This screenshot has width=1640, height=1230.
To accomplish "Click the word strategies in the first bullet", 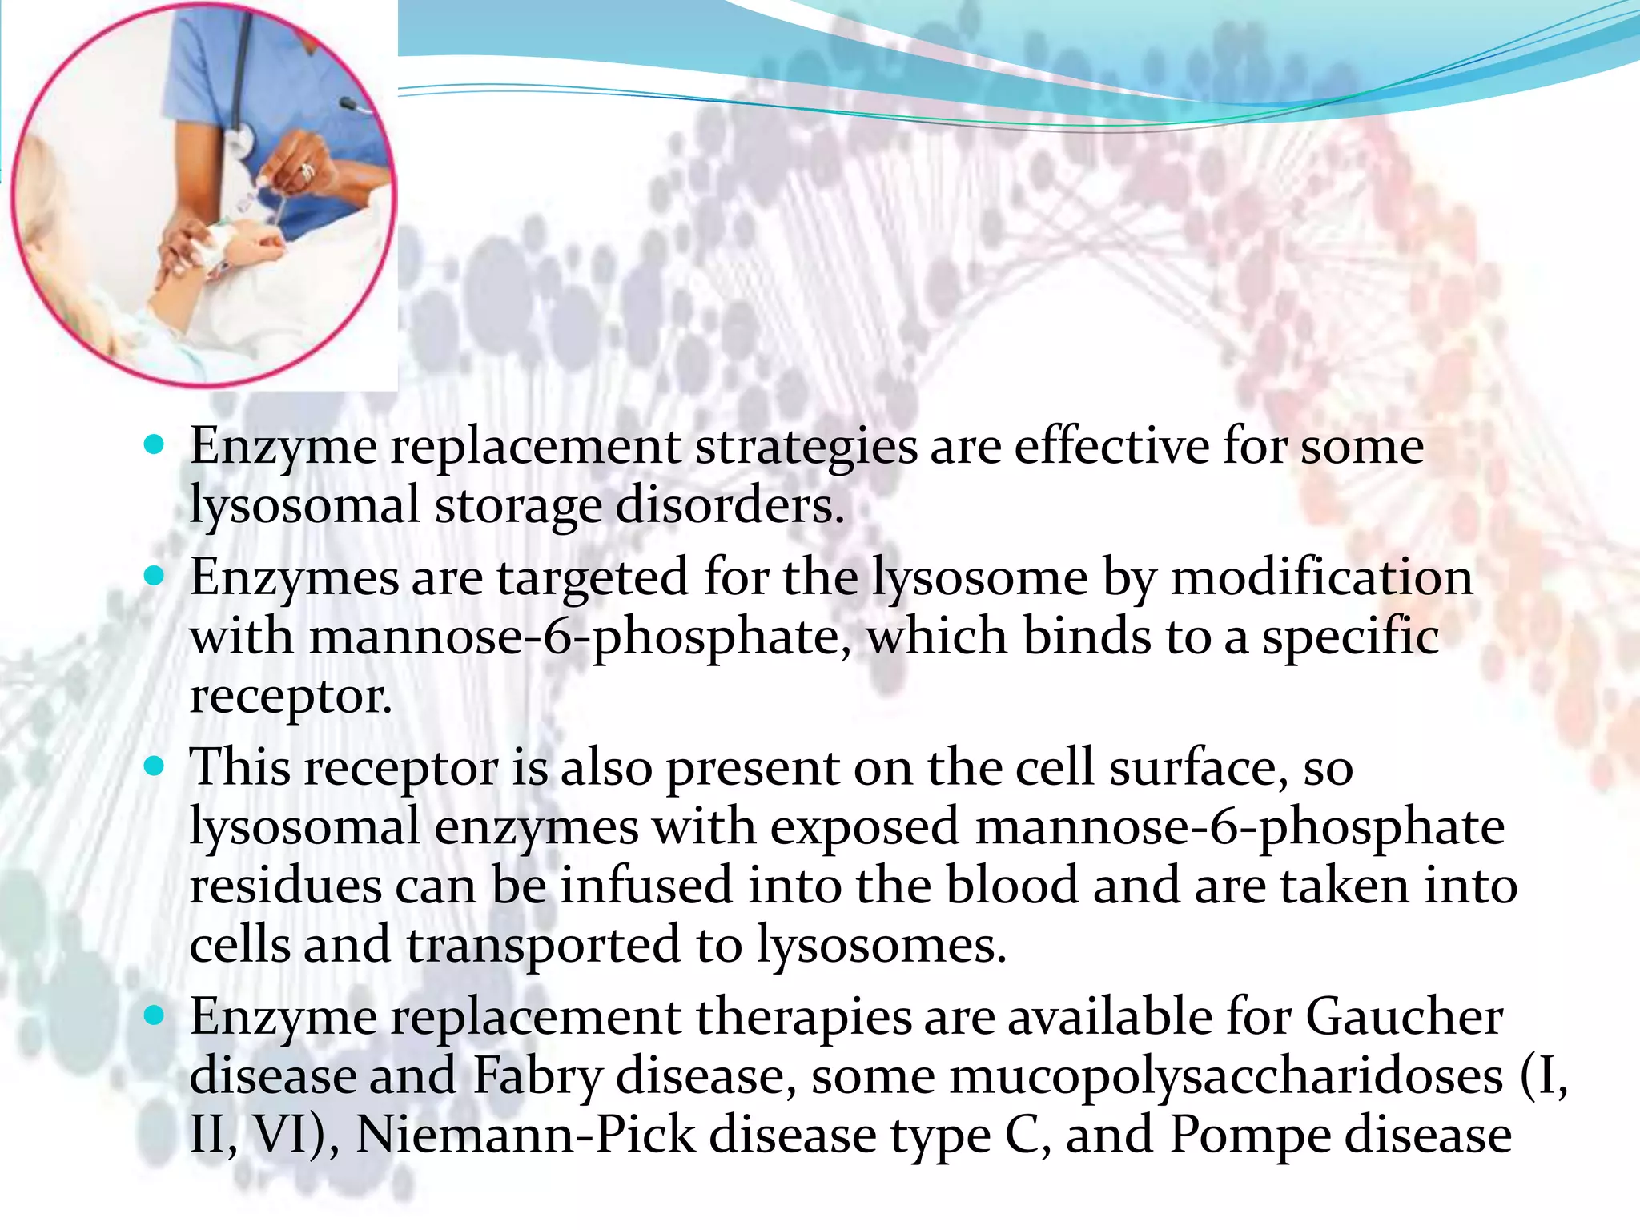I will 806,447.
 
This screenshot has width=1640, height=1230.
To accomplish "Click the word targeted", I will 592,578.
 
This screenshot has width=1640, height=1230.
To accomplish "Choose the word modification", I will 1321,577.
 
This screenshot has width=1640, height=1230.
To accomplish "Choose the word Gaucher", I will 1404,1017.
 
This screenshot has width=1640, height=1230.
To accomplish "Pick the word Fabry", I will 537,1077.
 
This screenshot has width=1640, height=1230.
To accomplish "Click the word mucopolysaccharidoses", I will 1225,1077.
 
